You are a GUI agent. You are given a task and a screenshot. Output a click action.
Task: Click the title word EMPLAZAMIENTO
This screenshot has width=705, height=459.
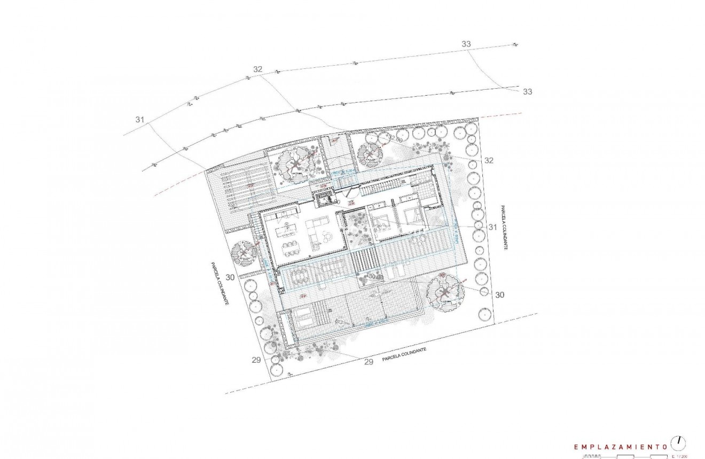coord(620,446)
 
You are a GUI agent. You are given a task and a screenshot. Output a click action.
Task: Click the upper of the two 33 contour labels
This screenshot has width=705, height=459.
coord(466,44)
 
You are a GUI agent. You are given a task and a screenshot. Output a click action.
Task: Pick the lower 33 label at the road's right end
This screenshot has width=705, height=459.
coord(528,92)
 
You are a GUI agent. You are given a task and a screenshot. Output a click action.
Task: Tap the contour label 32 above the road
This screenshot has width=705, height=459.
coord(258,69)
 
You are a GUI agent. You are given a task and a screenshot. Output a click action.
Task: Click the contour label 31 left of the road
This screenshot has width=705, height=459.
coord(140,120)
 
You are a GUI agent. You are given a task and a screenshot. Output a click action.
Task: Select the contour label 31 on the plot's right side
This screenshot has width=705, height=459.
coord(492,227)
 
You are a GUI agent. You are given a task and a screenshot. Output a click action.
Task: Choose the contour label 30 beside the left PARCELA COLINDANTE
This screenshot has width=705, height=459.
coord(230,277)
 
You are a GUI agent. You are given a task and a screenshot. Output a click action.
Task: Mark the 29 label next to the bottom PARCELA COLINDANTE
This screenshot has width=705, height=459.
coord(368,362)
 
